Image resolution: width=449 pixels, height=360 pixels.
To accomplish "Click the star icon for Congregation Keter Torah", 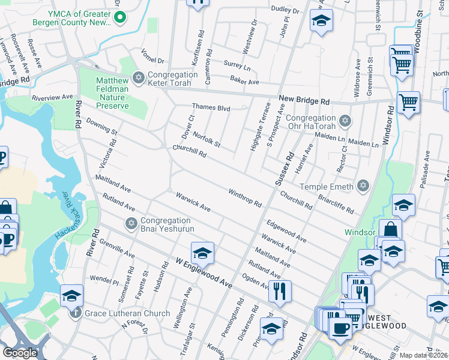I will click(139, 78).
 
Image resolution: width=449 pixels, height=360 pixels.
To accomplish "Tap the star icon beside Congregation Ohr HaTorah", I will click(345, 122).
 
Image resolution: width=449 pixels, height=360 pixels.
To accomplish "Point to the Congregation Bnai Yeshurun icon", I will click(131, 223).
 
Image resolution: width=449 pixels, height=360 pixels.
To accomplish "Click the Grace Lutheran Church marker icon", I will click(76, 312).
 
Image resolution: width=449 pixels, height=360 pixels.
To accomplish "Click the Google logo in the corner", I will click(20, 352).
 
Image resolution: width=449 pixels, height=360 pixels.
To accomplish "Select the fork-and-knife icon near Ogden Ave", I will click(280, 292).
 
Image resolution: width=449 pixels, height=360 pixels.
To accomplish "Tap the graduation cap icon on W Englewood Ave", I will click(202, 254).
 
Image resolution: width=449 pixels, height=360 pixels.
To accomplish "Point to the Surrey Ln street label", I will click(236, 63).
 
